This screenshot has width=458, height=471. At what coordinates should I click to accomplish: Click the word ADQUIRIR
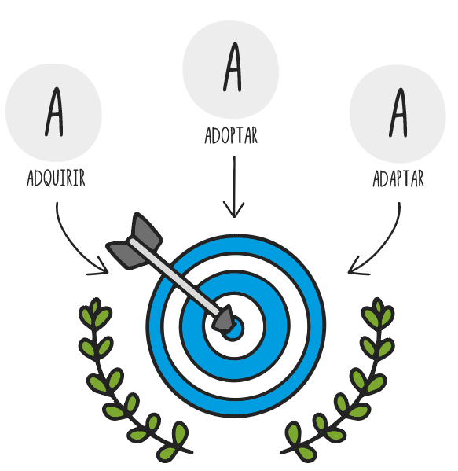pos(56,178)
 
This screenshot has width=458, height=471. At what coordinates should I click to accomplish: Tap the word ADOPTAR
pos(231,135)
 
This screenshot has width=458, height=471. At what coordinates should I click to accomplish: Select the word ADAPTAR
pos(398,178)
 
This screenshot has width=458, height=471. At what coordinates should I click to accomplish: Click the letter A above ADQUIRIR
pos(55,112)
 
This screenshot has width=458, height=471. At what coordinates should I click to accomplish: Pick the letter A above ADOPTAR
pos(233,67)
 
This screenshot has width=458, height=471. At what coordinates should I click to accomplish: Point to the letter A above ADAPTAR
pos(398,112)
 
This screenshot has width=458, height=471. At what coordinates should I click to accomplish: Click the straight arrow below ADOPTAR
pos(234,186)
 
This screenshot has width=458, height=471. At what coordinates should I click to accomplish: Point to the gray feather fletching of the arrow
pos(134,241)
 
